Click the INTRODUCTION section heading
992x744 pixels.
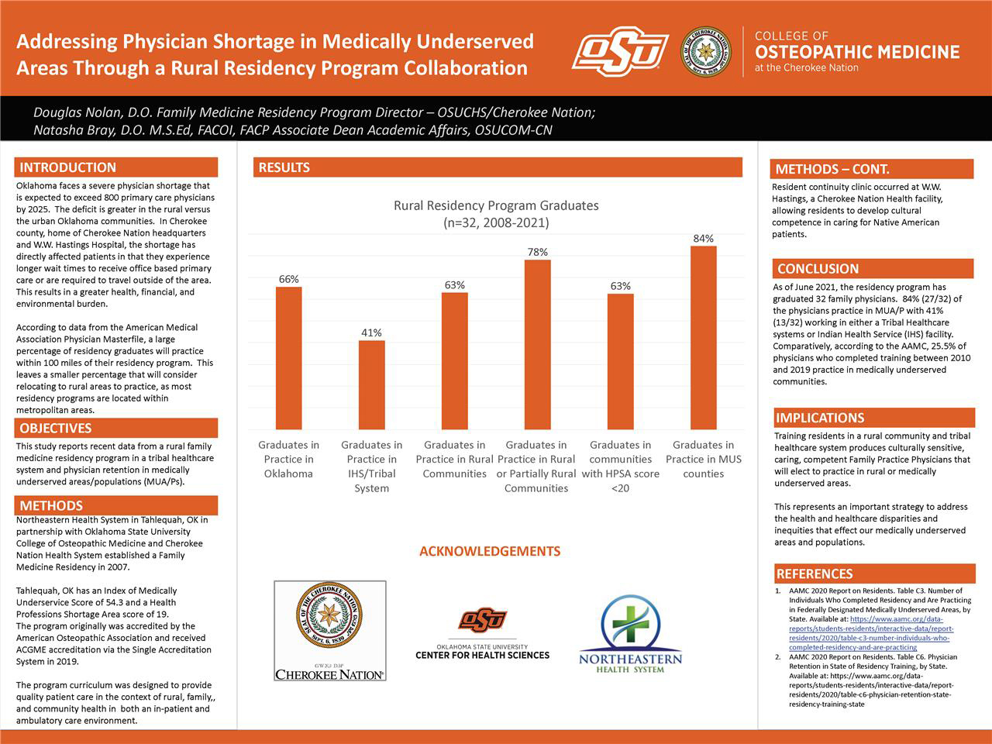68,167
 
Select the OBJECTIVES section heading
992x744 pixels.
56,428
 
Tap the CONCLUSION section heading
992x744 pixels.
818,269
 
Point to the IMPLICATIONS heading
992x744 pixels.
820,418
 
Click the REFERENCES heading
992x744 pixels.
814,573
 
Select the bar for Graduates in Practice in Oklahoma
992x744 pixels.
289,358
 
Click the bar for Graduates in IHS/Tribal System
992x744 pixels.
371,384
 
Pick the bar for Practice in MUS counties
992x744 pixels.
703,337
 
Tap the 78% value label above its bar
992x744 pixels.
537,252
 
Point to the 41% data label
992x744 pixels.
371,332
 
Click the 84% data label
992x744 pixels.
703,239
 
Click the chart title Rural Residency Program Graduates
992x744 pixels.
496,205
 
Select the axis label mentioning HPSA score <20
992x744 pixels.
620,467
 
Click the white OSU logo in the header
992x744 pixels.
620,51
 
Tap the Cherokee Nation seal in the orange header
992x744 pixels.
705,52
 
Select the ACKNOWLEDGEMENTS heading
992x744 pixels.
490,551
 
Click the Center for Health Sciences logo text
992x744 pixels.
482,655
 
